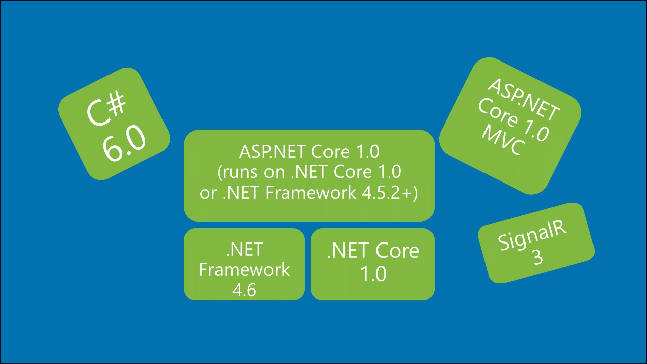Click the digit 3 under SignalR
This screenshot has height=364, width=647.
click(x=538, y=258)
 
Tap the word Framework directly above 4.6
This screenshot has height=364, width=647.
click(x=244, y=269)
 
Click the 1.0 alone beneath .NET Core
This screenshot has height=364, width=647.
click(x=373, y=274)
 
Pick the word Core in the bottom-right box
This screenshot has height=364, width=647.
click(x=397, y=251)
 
